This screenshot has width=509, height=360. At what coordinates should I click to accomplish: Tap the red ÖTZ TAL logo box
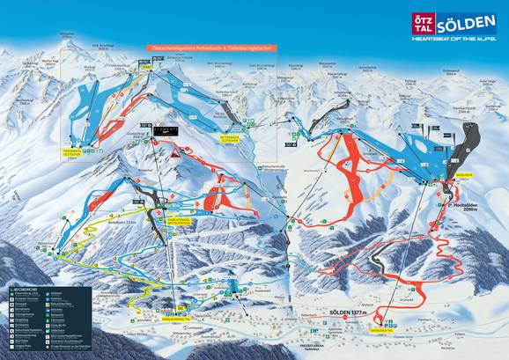pyautogui.click(x=423, y=22)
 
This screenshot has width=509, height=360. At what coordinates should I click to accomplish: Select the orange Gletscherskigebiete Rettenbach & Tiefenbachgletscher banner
pyautogui.click(x=209, y=49)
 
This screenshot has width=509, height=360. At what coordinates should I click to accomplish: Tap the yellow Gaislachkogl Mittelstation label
pyautogui.click(x=176, y=221)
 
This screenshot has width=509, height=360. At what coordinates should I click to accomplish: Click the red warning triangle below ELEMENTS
pyautogui.click(x=175, y=152)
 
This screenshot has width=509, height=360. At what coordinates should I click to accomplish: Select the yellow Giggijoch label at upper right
pyautogui.click(x=439, y=174)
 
